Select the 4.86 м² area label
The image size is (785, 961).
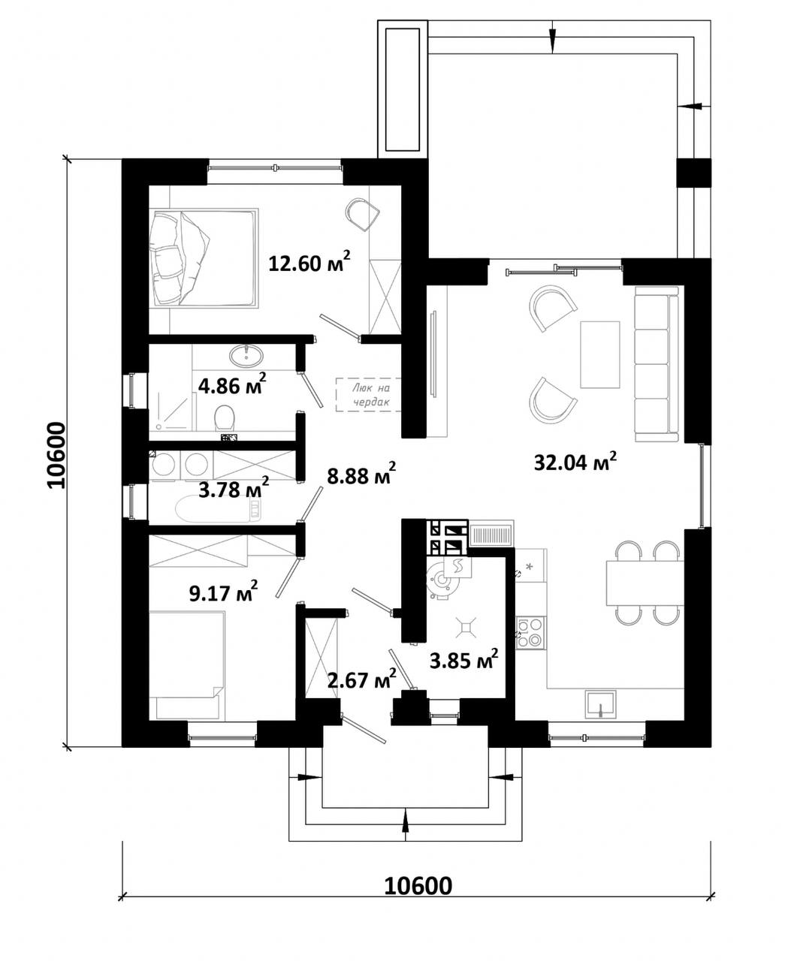click(x=232, y=384)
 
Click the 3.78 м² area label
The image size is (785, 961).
click(x=234, y=489)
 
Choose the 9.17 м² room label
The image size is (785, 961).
click(x=223, y=592)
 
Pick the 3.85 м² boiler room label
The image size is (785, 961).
click(x=463, y=660)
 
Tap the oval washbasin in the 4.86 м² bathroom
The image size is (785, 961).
click(x=246, y=355)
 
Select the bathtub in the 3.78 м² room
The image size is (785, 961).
click(x=219, y=509)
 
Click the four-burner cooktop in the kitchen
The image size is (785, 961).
click(x=530, y=632)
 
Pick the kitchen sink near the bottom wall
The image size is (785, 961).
click(x=600, y=704)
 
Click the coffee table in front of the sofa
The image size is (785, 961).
click(x=600, y=354)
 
